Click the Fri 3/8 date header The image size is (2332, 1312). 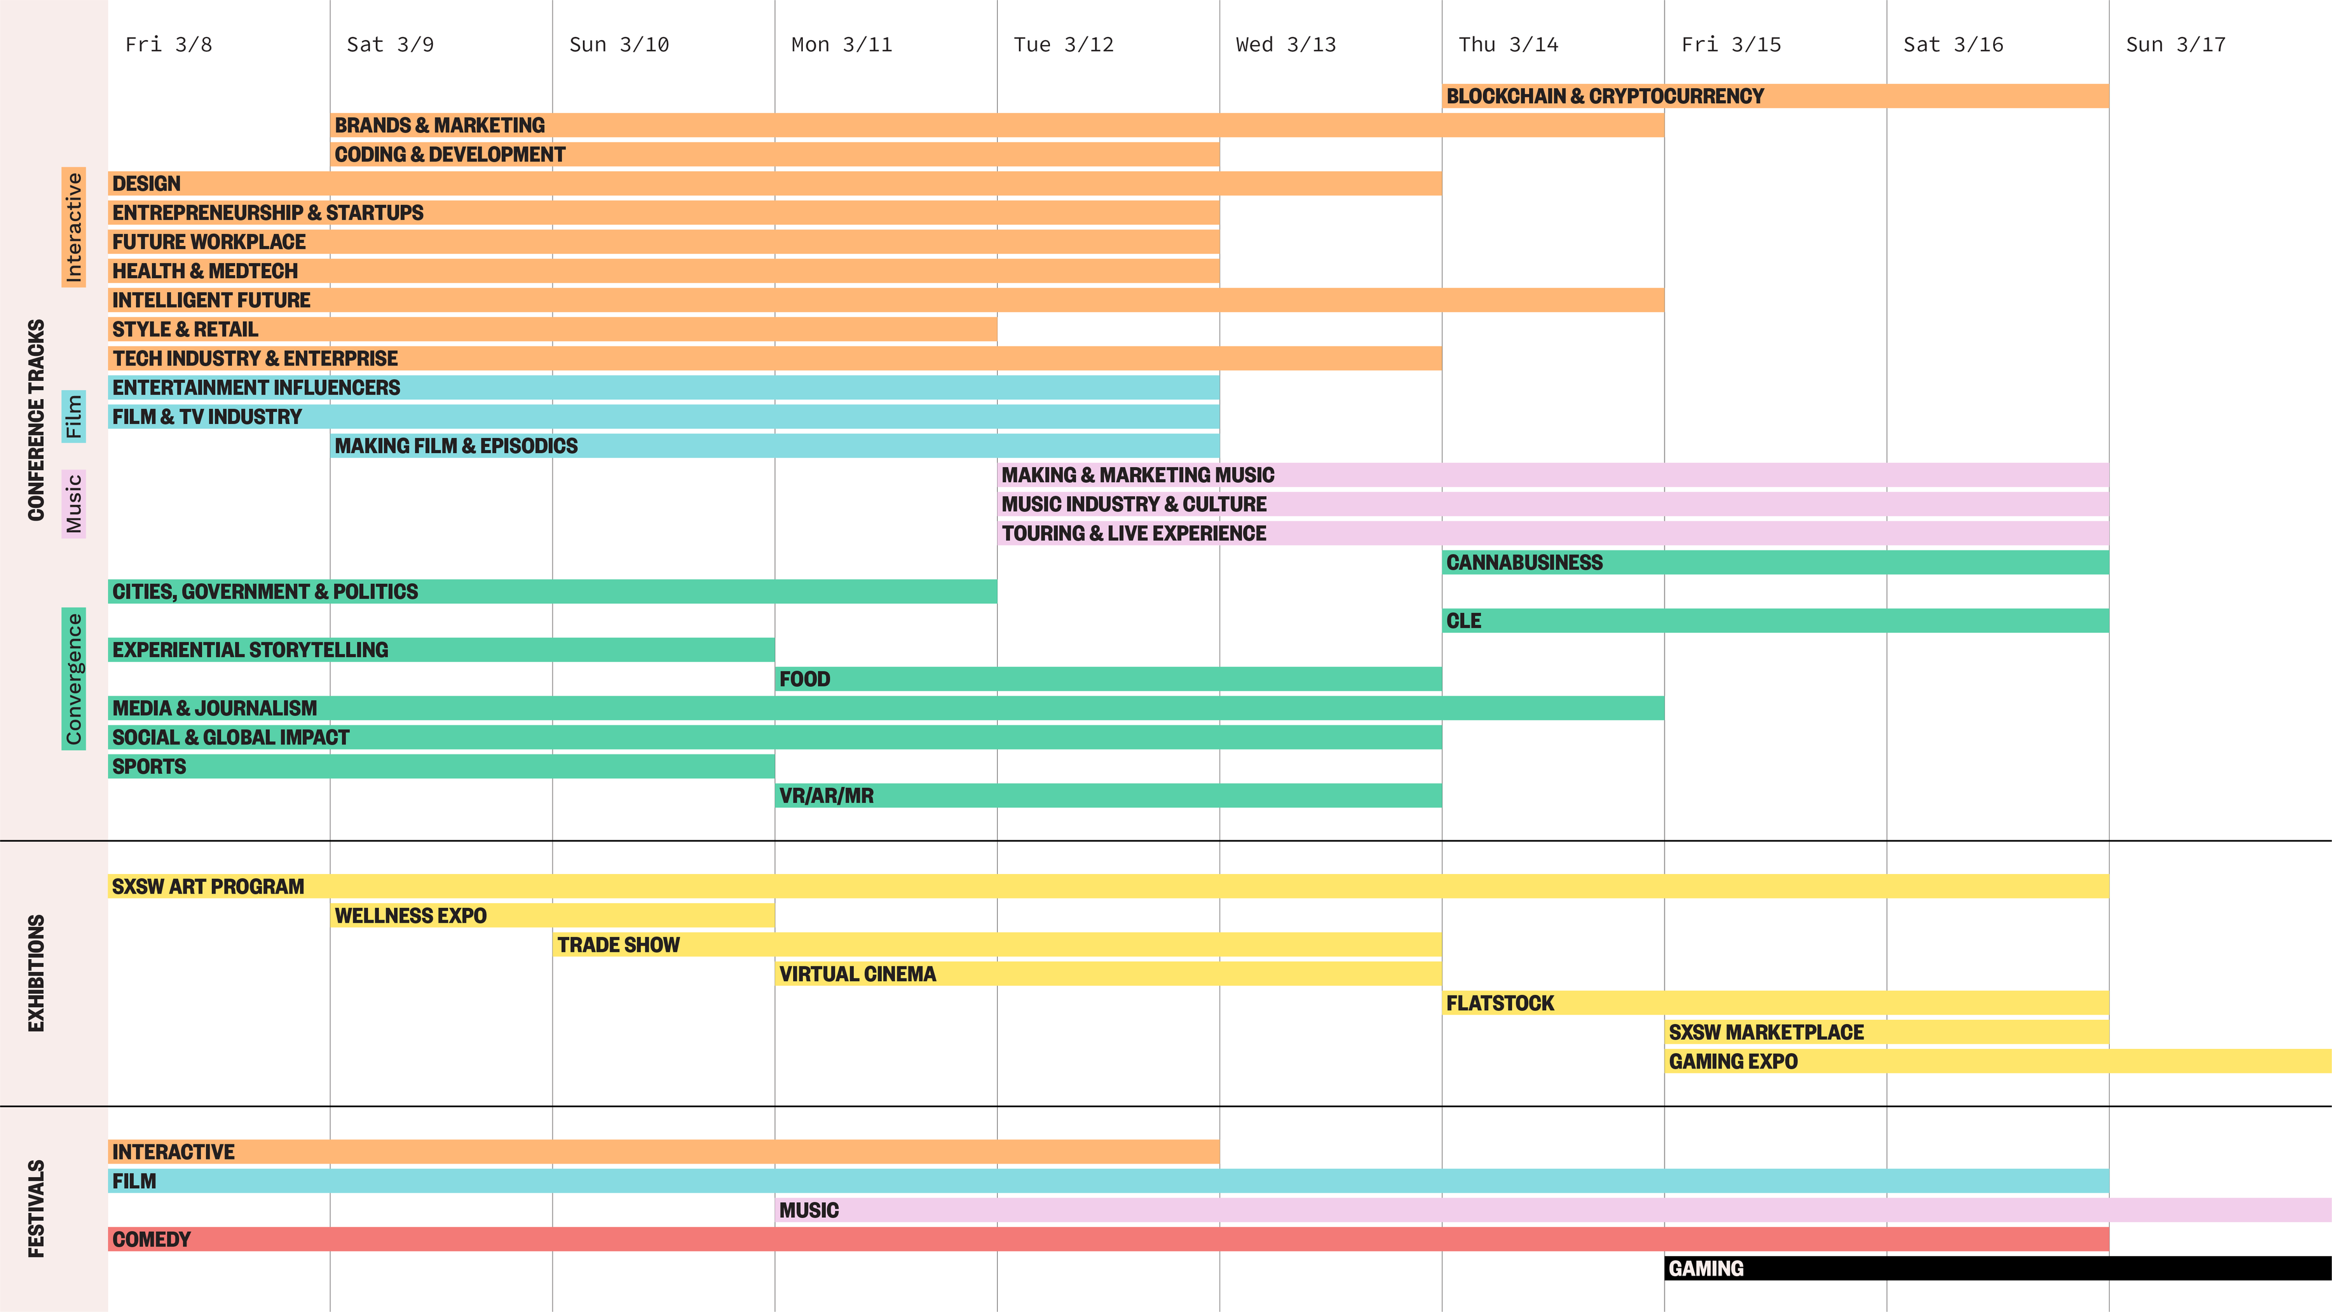[x=168, y=44]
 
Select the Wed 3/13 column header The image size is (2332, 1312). [x=1286, y=44]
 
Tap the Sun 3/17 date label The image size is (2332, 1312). [x=2175, y=44]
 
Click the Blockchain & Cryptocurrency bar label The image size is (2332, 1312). [x=1604, y=96]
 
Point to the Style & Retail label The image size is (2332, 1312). [x=185, y=330]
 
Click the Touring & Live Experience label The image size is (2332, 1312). [x=1133, y=533]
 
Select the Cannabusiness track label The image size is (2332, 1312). [x=1524, y=562]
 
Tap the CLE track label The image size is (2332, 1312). [x=1463, y=621]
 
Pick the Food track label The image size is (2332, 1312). [x=804, y=679]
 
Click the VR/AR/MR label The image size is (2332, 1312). [x=826, y=796]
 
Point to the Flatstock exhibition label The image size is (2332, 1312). [x=1499, y=1003]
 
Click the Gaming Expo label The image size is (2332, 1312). [x=1733, y=1061]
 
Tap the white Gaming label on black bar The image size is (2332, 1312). [x=1705, y=1268]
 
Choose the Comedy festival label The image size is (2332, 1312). [x=151, y=1240]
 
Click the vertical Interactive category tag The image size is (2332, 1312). [x=74, y=227]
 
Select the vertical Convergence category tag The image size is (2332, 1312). [x=74, y=679]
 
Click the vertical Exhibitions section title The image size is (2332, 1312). [x=36, y=973]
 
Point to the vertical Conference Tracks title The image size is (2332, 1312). [x=36, y=420]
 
